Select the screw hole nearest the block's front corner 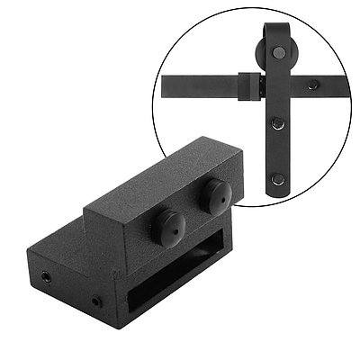click(x=95, y=300)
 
